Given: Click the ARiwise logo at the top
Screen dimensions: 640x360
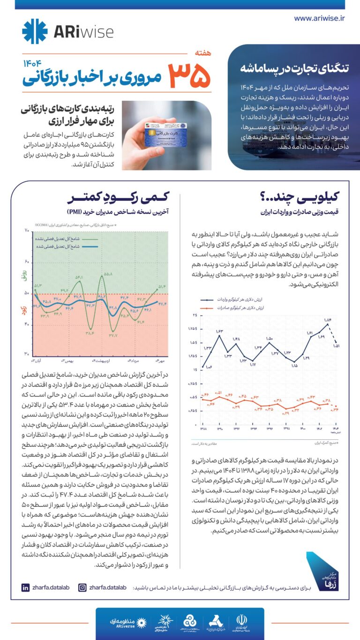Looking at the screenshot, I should (x=67, y=31).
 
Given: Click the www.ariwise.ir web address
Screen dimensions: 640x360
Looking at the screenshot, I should (x=319, y=18).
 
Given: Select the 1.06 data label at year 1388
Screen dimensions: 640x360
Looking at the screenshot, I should (x=209, y=367).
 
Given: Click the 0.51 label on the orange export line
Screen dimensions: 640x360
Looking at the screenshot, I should (x=218, y=392).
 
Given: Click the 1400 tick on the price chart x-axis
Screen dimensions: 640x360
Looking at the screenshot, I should (x=303, y=428).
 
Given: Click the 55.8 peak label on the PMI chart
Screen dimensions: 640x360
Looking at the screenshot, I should (x=108, y=274).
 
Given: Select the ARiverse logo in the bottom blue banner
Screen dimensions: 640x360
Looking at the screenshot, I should (x=125, y=622).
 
